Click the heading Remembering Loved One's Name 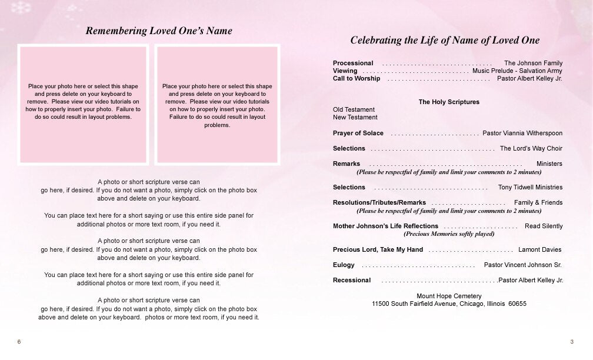click(x=159, y=31)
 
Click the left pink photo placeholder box click(x=83, y=104)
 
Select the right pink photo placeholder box click(x=217, y=104)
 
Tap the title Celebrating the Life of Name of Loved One click(x=445, y=41)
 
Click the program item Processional click(x=353, y=63)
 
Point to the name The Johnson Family click(x=533, y=63)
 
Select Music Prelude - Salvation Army click(x=517, y=71)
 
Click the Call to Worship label click(x=357, y=78)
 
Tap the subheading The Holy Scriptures click(x=449, y=102)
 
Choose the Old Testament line click(x=354, y=109)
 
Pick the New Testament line click(x=355, y=117)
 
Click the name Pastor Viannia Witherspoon click(x=522, y=133)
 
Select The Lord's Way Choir click(x=531, y=148)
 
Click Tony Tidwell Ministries click(x=530, y=187)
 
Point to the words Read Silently click(x=544, y=226)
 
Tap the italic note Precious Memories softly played click(x=449, y=234)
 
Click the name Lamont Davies click(x=540, y=249)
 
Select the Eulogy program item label click(x=344, y=265)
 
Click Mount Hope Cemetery click(x=449, y=296)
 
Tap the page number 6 click(x=19, y=342)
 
